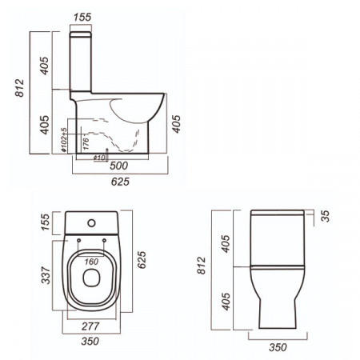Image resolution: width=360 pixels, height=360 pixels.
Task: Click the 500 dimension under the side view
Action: [x=121, y=166]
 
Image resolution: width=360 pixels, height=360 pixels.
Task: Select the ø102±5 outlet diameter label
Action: [x=63, y=140]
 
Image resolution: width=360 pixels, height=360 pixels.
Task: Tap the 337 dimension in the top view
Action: [x=46, y=275]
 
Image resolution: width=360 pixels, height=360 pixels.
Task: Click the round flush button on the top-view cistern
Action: [x=92, y=221]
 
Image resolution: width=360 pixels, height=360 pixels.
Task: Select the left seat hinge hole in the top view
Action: [x=80, y=240]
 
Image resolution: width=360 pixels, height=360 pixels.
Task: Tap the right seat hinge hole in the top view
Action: [x=105, y=240]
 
